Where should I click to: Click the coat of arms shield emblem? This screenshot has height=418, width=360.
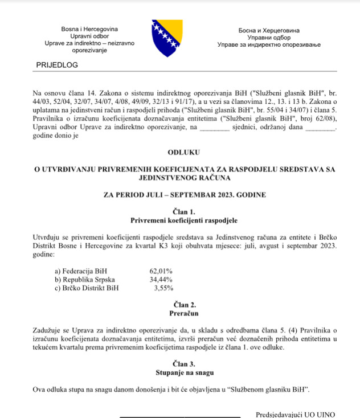(x=166, y=38)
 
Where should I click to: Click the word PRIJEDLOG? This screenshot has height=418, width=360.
(x=57, y=65)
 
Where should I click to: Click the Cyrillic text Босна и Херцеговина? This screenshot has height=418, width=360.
(x=269, y=30)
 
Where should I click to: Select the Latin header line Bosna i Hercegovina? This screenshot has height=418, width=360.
(x=89, y=28)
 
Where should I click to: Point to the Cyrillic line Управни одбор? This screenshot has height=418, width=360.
(x=269, y=37)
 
